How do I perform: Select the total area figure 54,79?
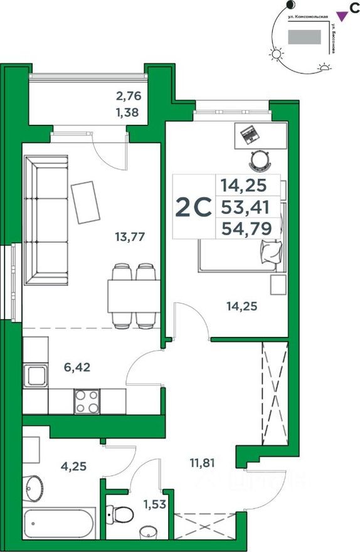[246, 229]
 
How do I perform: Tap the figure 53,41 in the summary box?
[246, 206]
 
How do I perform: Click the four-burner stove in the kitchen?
[86, 401]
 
